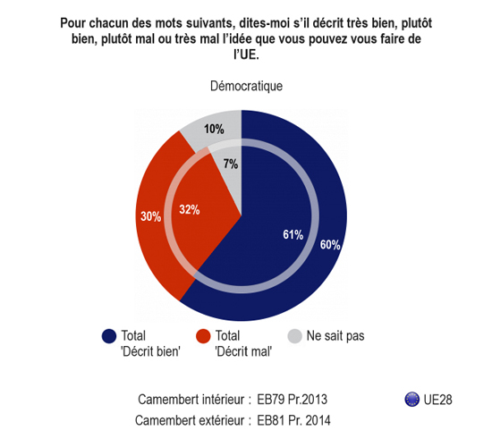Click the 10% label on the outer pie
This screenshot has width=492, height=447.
(x=214, y=129)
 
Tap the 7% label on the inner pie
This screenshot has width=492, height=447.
(x=231, y=164)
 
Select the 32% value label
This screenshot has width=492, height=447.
(x=190, y=209)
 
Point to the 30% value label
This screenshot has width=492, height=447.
(x=151, y=216)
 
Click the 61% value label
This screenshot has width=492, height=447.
(x=293, y=234)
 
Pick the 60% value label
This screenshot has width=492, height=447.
(x=330, y=245)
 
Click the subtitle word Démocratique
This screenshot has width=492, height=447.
(x=246, y=86)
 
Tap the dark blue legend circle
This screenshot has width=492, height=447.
(x=109, y=336)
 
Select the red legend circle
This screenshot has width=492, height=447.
(x=203, y=336)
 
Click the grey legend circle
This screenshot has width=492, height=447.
(x=294, y=336)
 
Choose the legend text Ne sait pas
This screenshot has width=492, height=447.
(x=335, y=335)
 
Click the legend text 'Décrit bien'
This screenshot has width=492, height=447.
(x=150, y=351)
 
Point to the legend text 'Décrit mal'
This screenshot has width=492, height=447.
(x=243, y=351)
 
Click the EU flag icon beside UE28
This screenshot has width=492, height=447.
(x=412, y=400)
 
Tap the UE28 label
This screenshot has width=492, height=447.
(x=437, y=400)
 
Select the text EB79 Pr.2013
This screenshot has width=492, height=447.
(x=293, y=400)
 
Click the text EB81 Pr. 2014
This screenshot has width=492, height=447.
(x=293, y=420)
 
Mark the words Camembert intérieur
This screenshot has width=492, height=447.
(x=191, y=400)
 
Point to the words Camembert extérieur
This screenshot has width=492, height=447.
(x=190, y=420)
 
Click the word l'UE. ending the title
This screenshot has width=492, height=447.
(x=246, y=55)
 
